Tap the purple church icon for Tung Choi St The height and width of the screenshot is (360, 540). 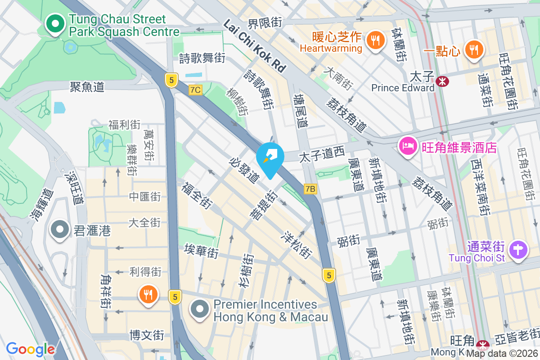518,250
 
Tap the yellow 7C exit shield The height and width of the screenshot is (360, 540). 195,90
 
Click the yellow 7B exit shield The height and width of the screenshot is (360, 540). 310,189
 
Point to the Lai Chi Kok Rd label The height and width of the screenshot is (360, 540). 254,46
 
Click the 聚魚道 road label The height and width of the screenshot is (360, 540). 87,86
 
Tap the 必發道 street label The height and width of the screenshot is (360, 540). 244,170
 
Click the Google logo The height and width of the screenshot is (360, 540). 30,349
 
